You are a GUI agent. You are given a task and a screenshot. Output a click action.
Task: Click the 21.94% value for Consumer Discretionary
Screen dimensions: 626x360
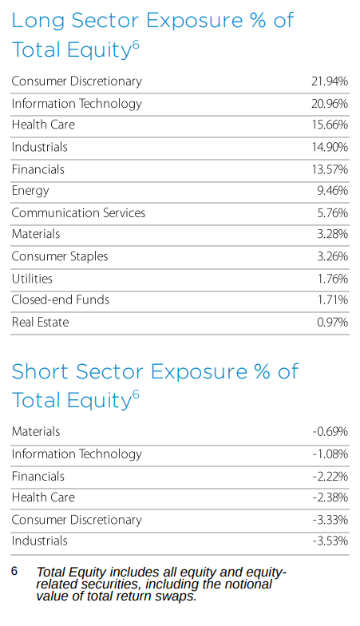click(x=329, y=81)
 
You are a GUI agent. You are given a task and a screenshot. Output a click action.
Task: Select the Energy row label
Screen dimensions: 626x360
click(x=30, y=191)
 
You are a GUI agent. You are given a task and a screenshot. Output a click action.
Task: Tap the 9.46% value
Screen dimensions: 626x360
click(x=331, y=191)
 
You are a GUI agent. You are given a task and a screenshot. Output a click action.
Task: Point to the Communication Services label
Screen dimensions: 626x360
click(x=78, y=213)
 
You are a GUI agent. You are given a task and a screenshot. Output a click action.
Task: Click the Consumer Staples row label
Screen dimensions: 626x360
click(x=60, y=256)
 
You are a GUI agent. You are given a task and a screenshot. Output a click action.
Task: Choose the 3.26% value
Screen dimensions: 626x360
click(x=331, y=257)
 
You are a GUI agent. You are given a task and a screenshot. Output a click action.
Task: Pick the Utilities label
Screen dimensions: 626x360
click(x=32, y=279)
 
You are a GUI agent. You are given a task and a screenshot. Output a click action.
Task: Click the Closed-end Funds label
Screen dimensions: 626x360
click(x=61, y=300)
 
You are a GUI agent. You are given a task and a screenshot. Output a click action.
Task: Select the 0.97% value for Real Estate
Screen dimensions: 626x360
click(x=331, y=323)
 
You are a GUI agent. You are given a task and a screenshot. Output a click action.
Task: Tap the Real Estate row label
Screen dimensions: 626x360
click(x=40, y=323)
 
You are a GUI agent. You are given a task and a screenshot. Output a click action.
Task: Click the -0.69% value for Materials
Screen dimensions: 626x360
click(x=330, y=432)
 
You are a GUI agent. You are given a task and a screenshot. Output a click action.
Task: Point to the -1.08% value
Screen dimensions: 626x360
click(x=330, y=454)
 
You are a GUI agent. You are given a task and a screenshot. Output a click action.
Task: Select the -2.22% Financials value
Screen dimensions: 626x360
click(x=330, y=477)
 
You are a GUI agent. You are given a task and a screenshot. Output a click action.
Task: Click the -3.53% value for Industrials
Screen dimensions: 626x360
click(x=330, y=541)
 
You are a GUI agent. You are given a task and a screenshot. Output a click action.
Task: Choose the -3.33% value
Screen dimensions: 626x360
click(x=330, y=520)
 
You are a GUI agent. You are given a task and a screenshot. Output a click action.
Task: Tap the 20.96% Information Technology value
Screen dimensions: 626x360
click(x=329, y=104)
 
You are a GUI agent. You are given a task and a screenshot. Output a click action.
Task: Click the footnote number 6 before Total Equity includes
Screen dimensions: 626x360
click(x=14, y=572)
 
